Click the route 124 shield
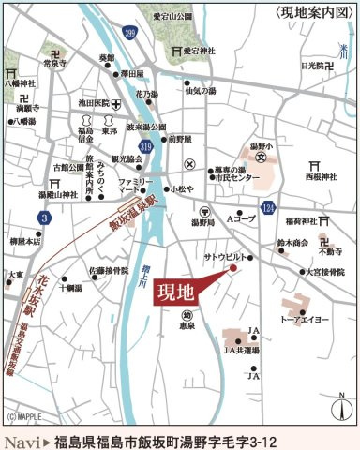pyautogui.click(x=269, y=204)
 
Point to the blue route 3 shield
pyautogui.click(x=44, y=217)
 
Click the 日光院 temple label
pyautogui.click(x=315, y=67)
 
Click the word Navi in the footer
pyautogui.click(x=22, y=440)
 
